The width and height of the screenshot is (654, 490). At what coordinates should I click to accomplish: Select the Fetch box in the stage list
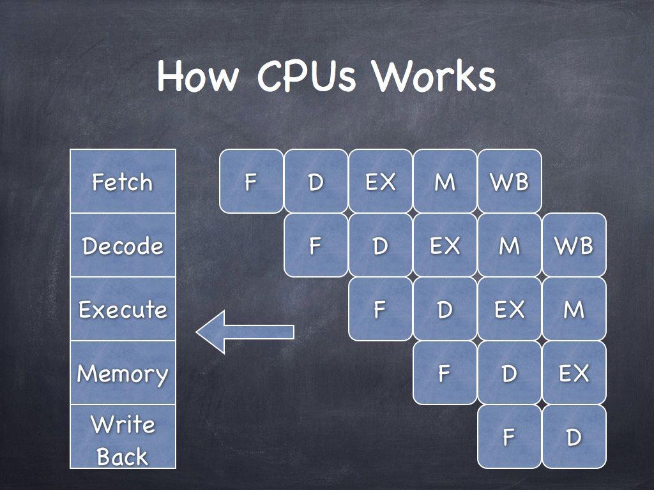123,181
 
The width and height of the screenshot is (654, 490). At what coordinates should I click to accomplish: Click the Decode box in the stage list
123,245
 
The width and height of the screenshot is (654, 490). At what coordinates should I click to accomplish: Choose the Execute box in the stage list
123,309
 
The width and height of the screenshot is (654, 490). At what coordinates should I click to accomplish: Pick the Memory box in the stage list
123,373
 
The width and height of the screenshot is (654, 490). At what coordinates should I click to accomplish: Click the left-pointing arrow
245,332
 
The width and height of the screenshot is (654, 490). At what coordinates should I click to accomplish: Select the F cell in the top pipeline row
251,181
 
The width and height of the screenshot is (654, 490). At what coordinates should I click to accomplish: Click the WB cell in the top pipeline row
510,181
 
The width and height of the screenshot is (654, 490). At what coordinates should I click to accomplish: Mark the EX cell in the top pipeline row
381,181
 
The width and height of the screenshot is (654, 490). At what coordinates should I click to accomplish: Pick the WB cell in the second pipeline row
574,245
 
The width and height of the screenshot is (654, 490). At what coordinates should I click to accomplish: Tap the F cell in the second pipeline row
316,245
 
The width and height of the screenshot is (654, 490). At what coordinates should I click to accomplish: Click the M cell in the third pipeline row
574,309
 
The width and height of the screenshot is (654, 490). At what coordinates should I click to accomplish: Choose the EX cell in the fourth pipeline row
574,373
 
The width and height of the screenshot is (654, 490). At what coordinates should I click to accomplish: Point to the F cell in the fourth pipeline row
445,373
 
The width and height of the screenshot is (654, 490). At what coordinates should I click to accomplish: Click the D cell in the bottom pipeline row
574,437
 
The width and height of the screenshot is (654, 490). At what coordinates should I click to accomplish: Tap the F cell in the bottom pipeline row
510,437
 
